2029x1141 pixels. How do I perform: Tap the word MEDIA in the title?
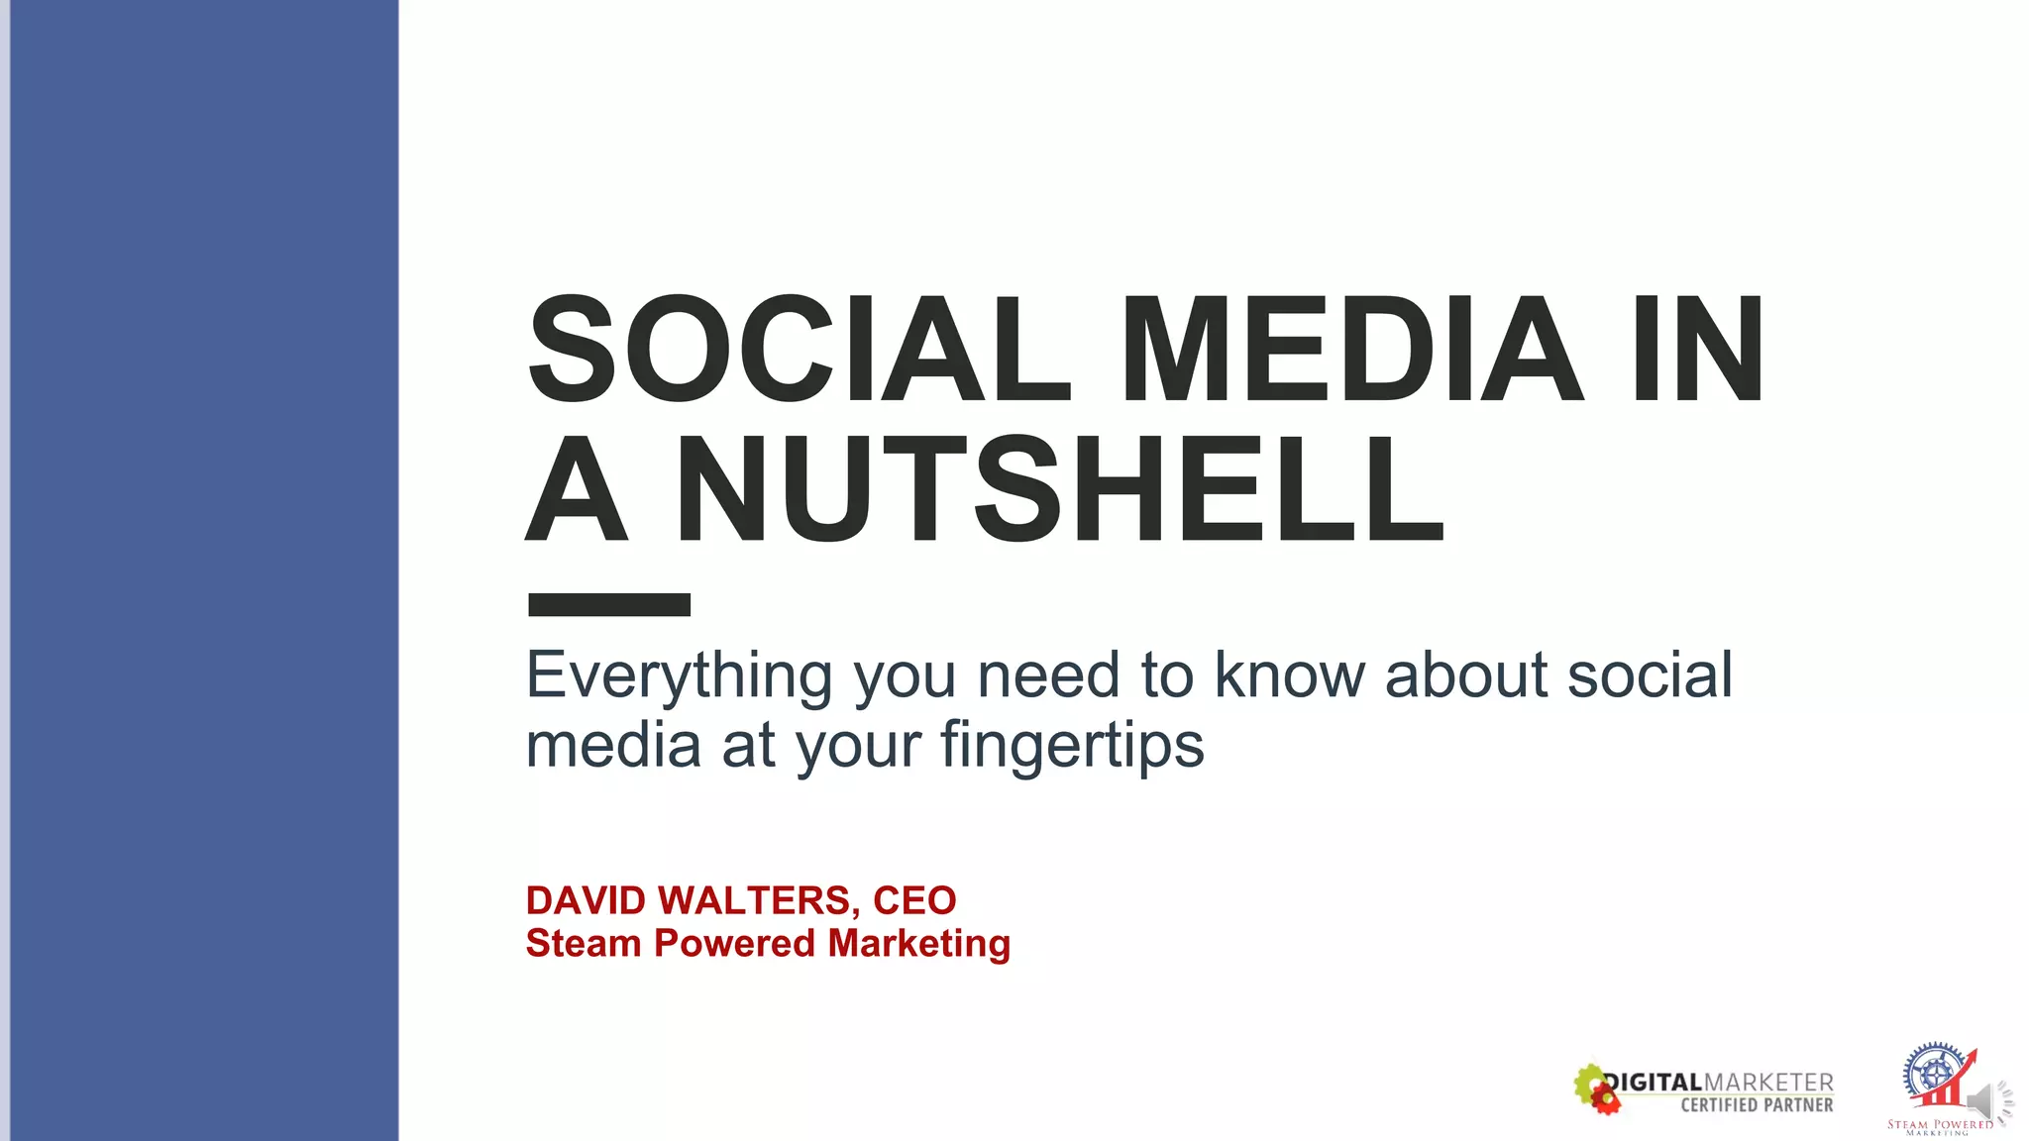1352,351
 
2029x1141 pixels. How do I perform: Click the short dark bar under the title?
609,604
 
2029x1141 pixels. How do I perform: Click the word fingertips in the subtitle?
1072,745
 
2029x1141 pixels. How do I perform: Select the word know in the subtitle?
1290,676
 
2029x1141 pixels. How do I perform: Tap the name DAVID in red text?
586,900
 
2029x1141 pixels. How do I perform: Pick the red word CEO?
914,900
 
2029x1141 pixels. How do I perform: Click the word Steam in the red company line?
584,944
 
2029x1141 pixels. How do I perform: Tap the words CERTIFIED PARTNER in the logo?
1757,1104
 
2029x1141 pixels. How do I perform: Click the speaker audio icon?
1986,1101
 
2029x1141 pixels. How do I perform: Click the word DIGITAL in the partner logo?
1653,1083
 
